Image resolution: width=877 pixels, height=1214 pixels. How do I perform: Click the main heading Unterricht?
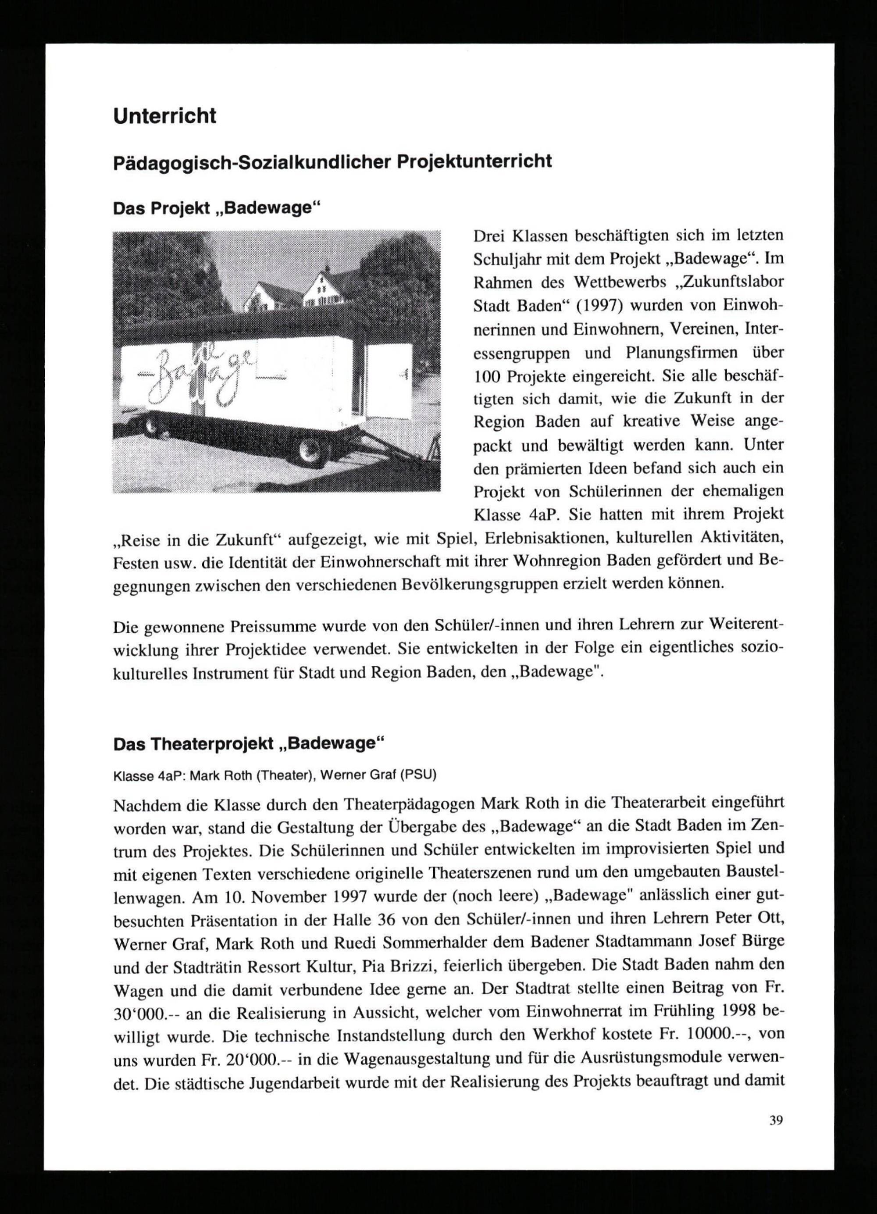point(164,116)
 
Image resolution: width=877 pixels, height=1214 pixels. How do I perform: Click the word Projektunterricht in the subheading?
point(473,162)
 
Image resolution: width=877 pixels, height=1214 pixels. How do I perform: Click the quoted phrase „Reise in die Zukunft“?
point(197,539)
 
